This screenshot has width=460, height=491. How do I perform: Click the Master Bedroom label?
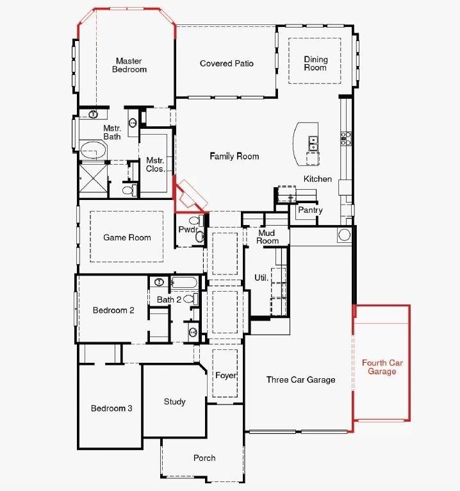coord(129,65)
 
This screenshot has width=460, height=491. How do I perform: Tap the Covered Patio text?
coord(227,63)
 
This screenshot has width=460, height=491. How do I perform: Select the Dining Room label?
coord(315,63)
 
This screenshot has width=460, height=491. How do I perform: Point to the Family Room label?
coord(234,156)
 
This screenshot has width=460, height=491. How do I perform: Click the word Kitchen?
coord(318,179)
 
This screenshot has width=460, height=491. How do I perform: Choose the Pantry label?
coord(310,210)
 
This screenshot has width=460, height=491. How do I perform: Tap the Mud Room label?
coord(268,237)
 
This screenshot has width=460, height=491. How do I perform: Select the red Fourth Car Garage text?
coord(382,367)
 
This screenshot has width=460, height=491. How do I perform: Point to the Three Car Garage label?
coord(300,379)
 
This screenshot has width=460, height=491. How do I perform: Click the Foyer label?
coord(226,375)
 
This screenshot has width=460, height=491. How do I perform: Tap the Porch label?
coord(204,458)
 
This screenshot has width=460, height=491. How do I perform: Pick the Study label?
coord(174,402)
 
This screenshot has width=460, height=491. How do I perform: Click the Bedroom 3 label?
coord(111,408)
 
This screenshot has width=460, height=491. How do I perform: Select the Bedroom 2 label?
coord(113,310)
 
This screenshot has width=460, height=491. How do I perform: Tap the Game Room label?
coord(127,237)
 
